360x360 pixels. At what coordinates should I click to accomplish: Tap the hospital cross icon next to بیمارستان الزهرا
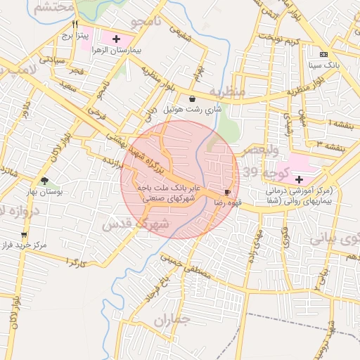point(116,38)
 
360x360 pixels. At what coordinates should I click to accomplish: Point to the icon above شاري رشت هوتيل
point(193,98)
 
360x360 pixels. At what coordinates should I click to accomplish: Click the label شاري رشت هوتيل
point(192,110)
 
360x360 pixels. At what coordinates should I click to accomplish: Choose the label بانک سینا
point(323,65)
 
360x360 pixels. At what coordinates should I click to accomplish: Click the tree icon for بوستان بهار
point(45,181)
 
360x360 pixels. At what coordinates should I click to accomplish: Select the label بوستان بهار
point(45,192)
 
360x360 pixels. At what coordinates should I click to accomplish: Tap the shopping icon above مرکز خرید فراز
point(25,235)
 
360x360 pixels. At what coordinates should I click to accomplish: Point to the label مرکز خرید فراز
point(25,246)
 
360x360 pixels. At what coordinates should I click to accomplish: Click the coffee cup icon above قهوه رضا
point(227,192)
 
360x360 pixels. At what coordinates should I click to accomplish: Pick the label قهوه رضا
point(228,202)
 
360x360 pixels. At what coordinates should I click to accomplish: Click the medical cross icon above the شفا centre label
point(299,180)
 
